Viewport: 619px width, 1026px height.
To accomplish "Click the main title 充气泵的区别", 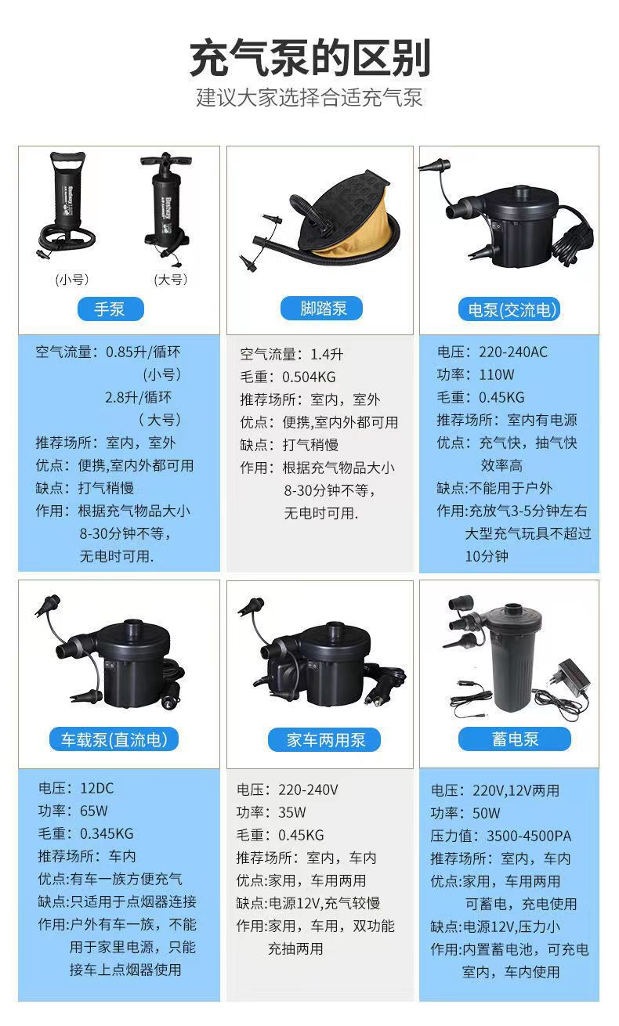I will [309, 59].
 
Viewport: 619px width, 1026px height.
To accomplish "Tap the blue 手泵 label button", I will [110, 308].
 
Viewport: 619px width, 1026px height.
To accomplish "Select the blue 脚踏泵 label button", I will [322, 308].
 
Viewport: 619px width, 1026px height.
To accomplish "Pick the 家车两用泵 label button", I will [322, 739].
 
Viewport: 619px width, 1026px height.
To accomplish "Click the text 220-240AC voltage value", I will [514, 352].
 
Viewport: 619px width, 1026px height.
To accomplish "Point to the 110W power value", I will [497, 374].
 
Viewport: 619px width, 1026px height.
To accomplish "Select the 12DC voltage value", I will [97, 788].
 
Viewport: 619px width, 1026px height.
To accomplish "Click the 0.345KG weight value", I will [107, 833].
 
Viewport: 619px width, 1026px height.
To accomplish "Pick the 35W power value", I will [291, 812].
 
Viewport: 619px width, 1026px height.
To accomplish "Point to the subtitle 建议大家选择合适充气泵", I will [309, 99].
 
